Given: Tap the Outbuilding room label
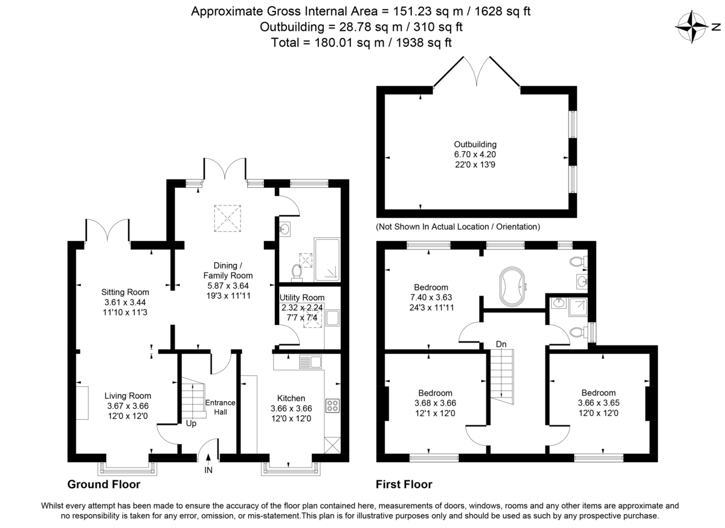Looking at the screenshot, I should tap(475, 144).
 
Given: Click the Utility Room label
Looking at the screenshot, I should tap(301, 298).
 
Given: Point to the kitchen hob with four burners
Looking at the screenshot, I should tap(332, 405).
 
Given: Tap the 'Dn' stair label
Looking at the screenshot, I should tap(501, 344).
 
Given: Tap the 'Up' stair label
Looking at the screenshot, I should tap(192, 423).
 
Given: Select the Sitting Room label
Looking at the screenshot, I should tap(125, 292).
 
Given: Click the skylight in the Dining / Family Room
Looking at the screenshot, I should tap(228, 218).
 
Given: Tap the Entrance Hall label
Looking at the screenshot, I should tap(220, 407).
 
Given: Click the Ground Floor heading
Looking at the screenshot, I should tap(103, 485).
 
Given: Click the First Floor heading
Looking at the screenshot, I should tap(404, 485).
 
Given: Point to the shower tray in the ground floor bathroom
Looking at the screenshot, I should tap(327, 259).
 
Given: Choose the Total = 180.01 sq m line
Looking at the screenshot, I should tap(362, 42).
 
